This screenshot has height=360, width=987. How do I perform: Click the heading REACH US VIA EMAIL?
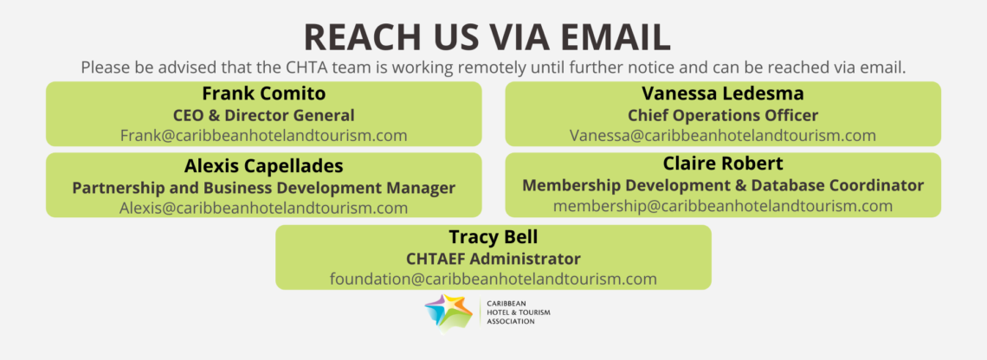coord(487,37)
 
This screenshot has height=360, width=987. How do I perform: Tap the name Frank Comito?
coord(264,93)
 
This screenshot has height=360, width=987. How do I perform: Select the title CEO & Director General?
coord(264,115)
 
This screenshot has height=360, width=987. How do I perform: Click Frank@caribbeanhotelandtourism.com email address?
coord(264,135)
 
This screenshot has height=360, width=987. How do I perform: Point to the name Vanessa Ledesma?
coord(723,93)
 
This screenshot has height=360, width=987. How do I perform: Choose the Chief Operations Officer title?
coord(723,115)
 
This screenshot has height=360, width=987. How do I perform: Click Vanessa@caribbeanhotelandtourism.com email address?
coord(723,135)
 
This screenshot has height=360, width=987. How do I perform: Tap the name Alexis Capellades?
coord(264,166)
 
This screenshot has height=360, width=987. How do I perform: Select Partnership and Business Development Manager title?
coord(264,188)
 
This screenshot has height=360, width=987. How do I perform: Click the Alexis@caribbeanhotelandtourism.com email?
coord(264,207)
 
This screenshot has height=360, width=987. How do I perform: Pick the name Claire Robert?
coord(723,164)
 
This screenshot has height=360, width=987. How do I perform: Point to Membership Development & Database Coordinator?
coord(723,186)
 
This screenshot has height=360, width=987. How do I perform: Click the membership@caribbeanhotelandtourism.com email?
coord(723,205)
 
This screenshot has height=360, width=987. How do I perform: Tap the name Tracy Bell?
coord(493,237)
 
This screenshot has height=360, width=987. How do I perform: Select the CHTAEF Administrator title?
coord(493,259)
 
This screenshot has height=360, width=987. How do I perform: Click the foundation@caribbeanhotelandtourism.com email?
coord(493,278)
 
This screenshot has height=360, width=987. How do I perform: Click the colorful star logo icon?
coord(448,312)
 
